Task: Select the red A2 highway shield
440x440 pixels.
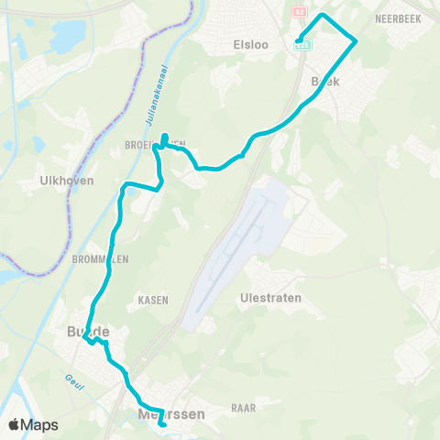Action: (299, 11)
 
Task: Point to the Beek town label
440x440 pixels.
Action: (325, 82)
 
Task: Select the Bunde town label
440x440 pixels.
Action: (88, 331)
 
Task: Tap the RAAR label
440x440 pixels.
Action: (243, 407)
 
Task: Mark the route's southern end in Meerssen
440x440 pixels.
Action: (162, 424)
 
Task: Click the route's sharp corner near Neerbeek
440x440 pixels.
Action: (356, 39)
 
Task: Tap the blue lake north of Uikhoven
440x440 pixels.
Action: (65, 37)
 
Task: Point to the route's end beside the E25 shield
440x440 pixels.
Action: (298, 38)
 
